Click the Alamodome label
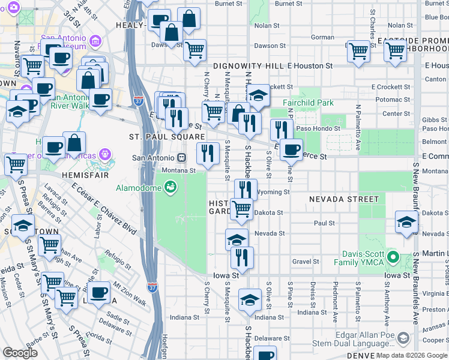coord(138,188)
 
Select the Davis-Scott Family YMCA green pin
coord(393,258)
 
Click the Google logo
coord(20,352)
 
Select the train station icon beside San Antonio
coord(181,157)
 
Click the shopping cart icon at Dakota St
coord(242,209)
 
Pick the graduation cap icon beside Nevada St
coord(237,239)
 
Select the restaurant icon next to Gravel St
coord(242,257)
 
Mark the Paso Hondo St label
coord(318,128)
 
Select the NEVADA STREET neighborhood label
coord(344,199)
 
